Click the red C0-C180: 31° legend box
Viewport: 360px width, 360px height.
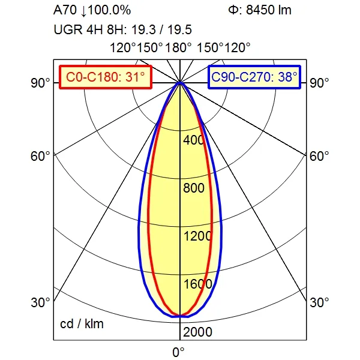pos(106,77)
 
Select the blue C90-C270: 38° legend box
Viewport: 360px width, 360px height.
pos(254,77)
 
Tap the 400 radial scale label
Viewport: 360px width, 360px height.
pos(194,140)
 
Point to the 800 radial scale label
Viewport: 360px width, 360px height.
pos(194,188)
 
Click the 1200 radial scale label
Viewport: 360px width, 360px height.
pos(197,236)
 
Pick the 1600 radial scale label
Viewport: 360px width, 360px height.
pos(197,284)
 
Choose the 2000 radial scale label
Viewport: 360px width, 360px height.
pos(197,332)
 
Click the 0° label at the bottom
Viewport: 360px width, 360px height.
pos(178,352)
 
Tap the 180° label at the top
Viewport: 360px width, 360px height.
pos(178,48)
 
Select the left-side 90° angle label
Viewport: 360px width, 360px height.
pos(40,83)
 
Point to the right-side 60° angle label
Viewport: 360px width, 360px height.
pos(319,156)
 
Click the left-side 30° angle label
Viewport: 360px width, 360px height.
pos(40,302)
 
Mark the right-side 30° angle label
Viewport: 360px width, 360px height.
pos(319,302)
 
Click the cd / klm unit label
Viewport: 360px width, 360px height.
pos(82,324)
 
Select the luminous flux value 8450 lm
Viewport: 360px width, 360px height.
pos(269,10)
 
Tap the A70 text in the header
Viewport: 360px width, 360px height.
pos(65,10)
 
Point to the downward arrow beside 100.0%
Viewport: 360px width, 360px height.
pos(84,11)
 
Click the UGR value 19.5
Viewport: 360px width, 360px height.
pos(179,30)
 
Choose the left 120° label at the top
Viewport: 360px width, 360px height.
pos(123,48)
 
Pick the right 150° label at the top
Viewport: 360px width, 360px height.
pos(210,48)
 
